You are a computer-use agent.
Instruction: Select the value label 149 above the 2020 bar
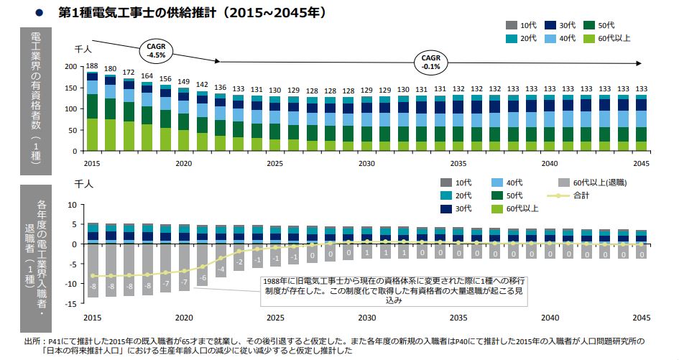pos(184,81)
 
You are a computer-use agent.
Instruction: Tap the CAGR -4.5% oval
pos(156,50)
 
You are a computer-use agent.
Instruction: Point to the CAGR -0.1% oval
pos(431,61)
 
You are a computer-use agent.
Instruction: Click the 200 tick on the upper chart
pos(70,66)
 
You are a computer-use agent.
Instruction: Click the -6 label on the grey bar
pos(203,277)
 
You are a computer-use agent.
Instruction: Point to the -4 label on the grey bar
pos(221,269)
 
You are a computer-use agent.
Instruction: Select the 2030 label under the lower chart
pos(367,317)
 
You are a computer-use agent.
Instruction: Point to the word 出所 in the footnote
pos(32,341)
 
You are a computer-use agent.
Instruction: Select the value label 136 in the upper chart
pos(221,87)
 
